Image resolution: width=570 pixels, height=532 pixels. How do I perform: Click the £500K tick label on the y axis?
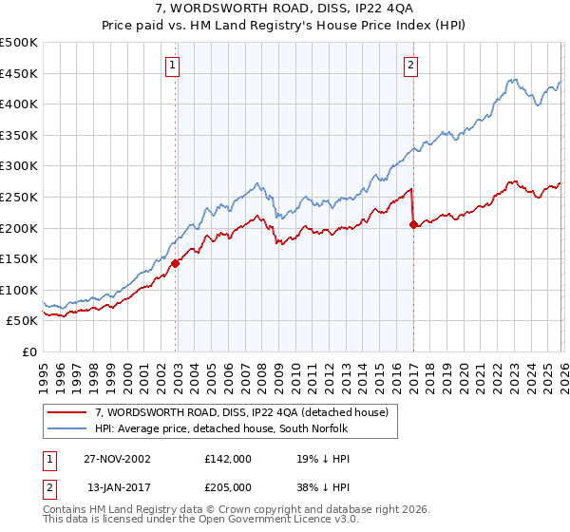(x=19, y=43)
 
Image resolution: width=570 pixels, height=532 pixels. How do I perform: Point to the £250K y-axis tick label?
(x=19, y=197)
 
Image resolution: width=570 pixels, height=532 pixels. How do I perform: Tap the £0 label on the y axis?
(x=28, y=351)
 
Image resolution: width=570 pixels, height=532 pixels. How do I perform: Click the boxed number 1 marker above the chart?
(x=172, y=66)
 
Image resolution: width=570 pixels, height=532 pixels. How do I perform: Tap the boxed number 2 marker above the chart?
(x=410, y=66)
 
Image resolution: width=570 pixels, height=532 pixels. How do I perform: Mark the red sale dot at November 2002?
(x=176, y=264)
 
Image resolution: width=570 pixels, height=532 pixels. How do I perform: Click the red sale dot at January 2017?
(x=413, y=225)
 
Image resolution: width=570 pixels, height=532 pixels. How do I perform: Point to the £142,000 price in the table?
(x=227, y=458)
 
